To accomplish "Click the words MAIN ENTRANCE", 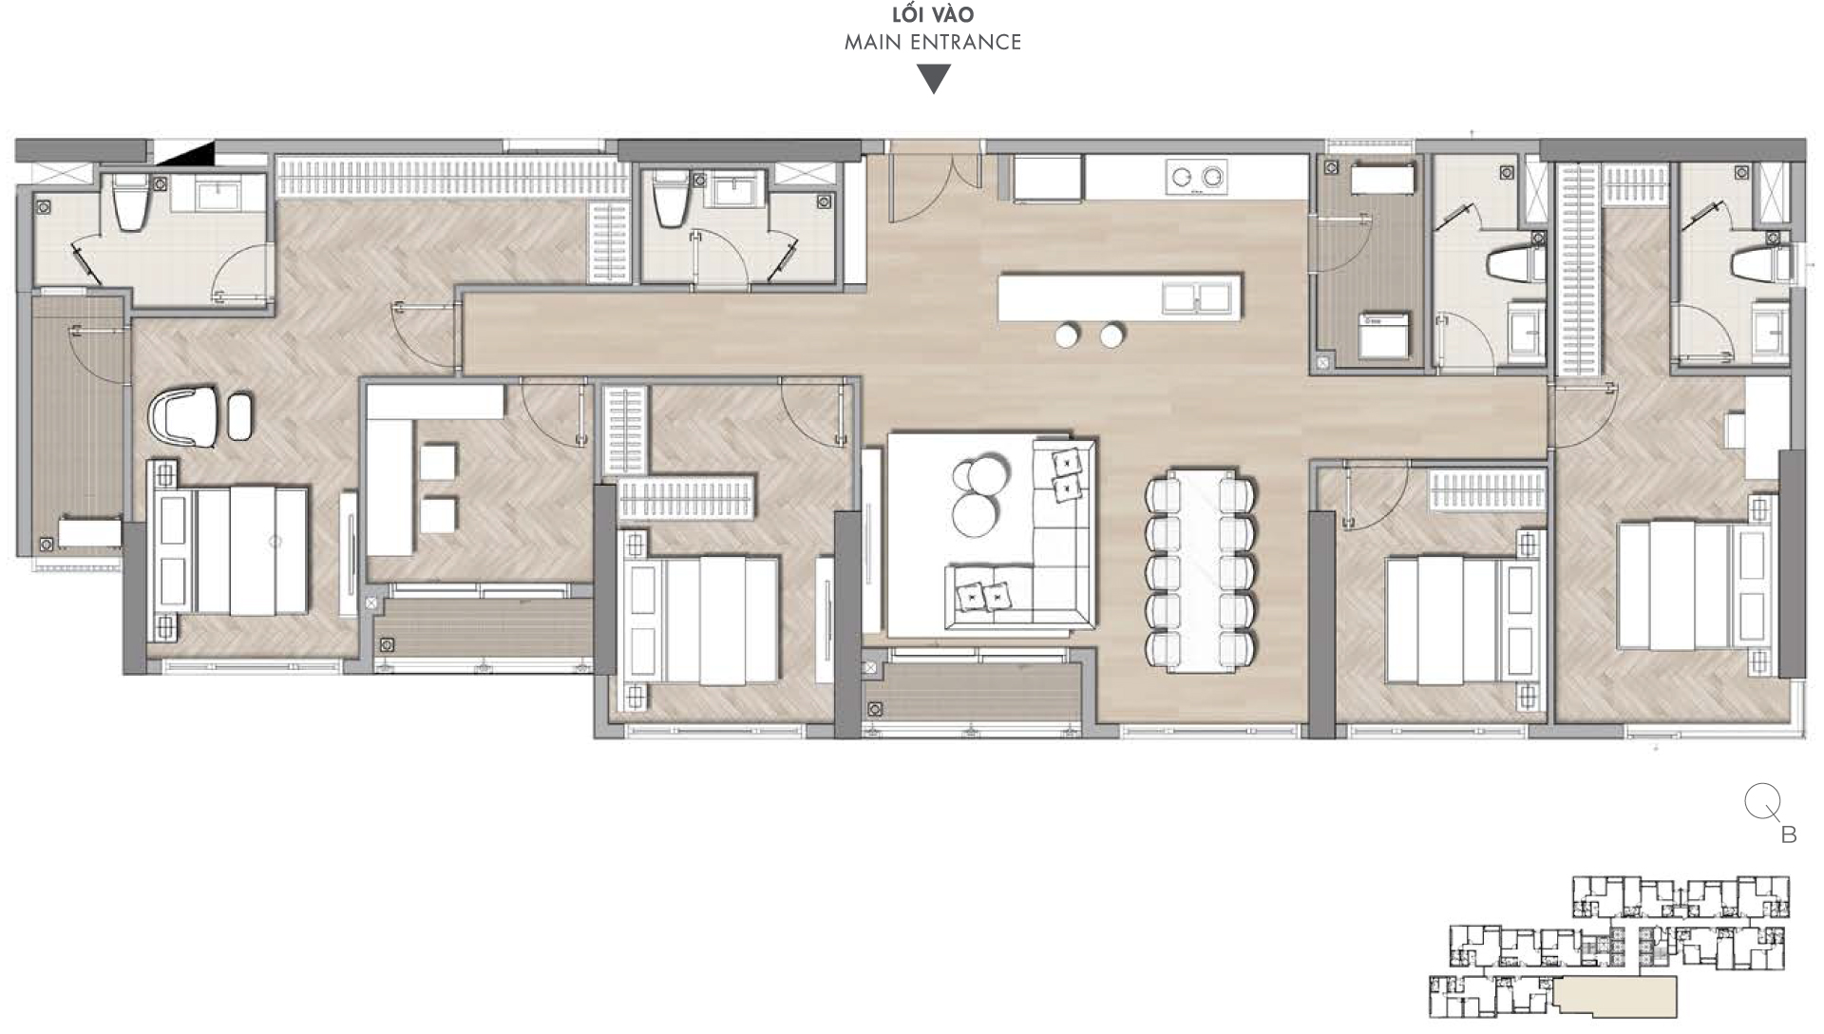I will tap(932, 42).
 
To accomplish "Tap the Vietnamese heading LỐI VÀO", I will tap(932, 15).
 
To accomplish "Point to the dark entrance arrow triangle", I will tap(933, 78).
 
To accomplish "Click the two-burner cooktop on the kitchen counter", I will tap(1196, 177).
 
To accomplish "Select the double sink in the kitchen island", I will tap(1197, 297).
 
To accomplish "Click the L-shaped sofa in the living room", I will tap(1054, 570).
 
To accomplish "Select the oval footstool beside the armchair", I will tap(240, 416).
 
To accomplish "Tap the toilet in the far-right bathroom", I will tap(1757, 266).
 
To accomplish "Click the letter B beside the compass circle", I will tap(1788, 835).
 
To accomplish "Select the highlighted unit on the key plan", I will tap(1615, 997).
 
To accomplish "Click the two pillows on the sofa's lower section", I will tap(983, 596).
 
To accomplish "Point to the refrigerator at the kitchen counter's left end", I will tap(1048, 179).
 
